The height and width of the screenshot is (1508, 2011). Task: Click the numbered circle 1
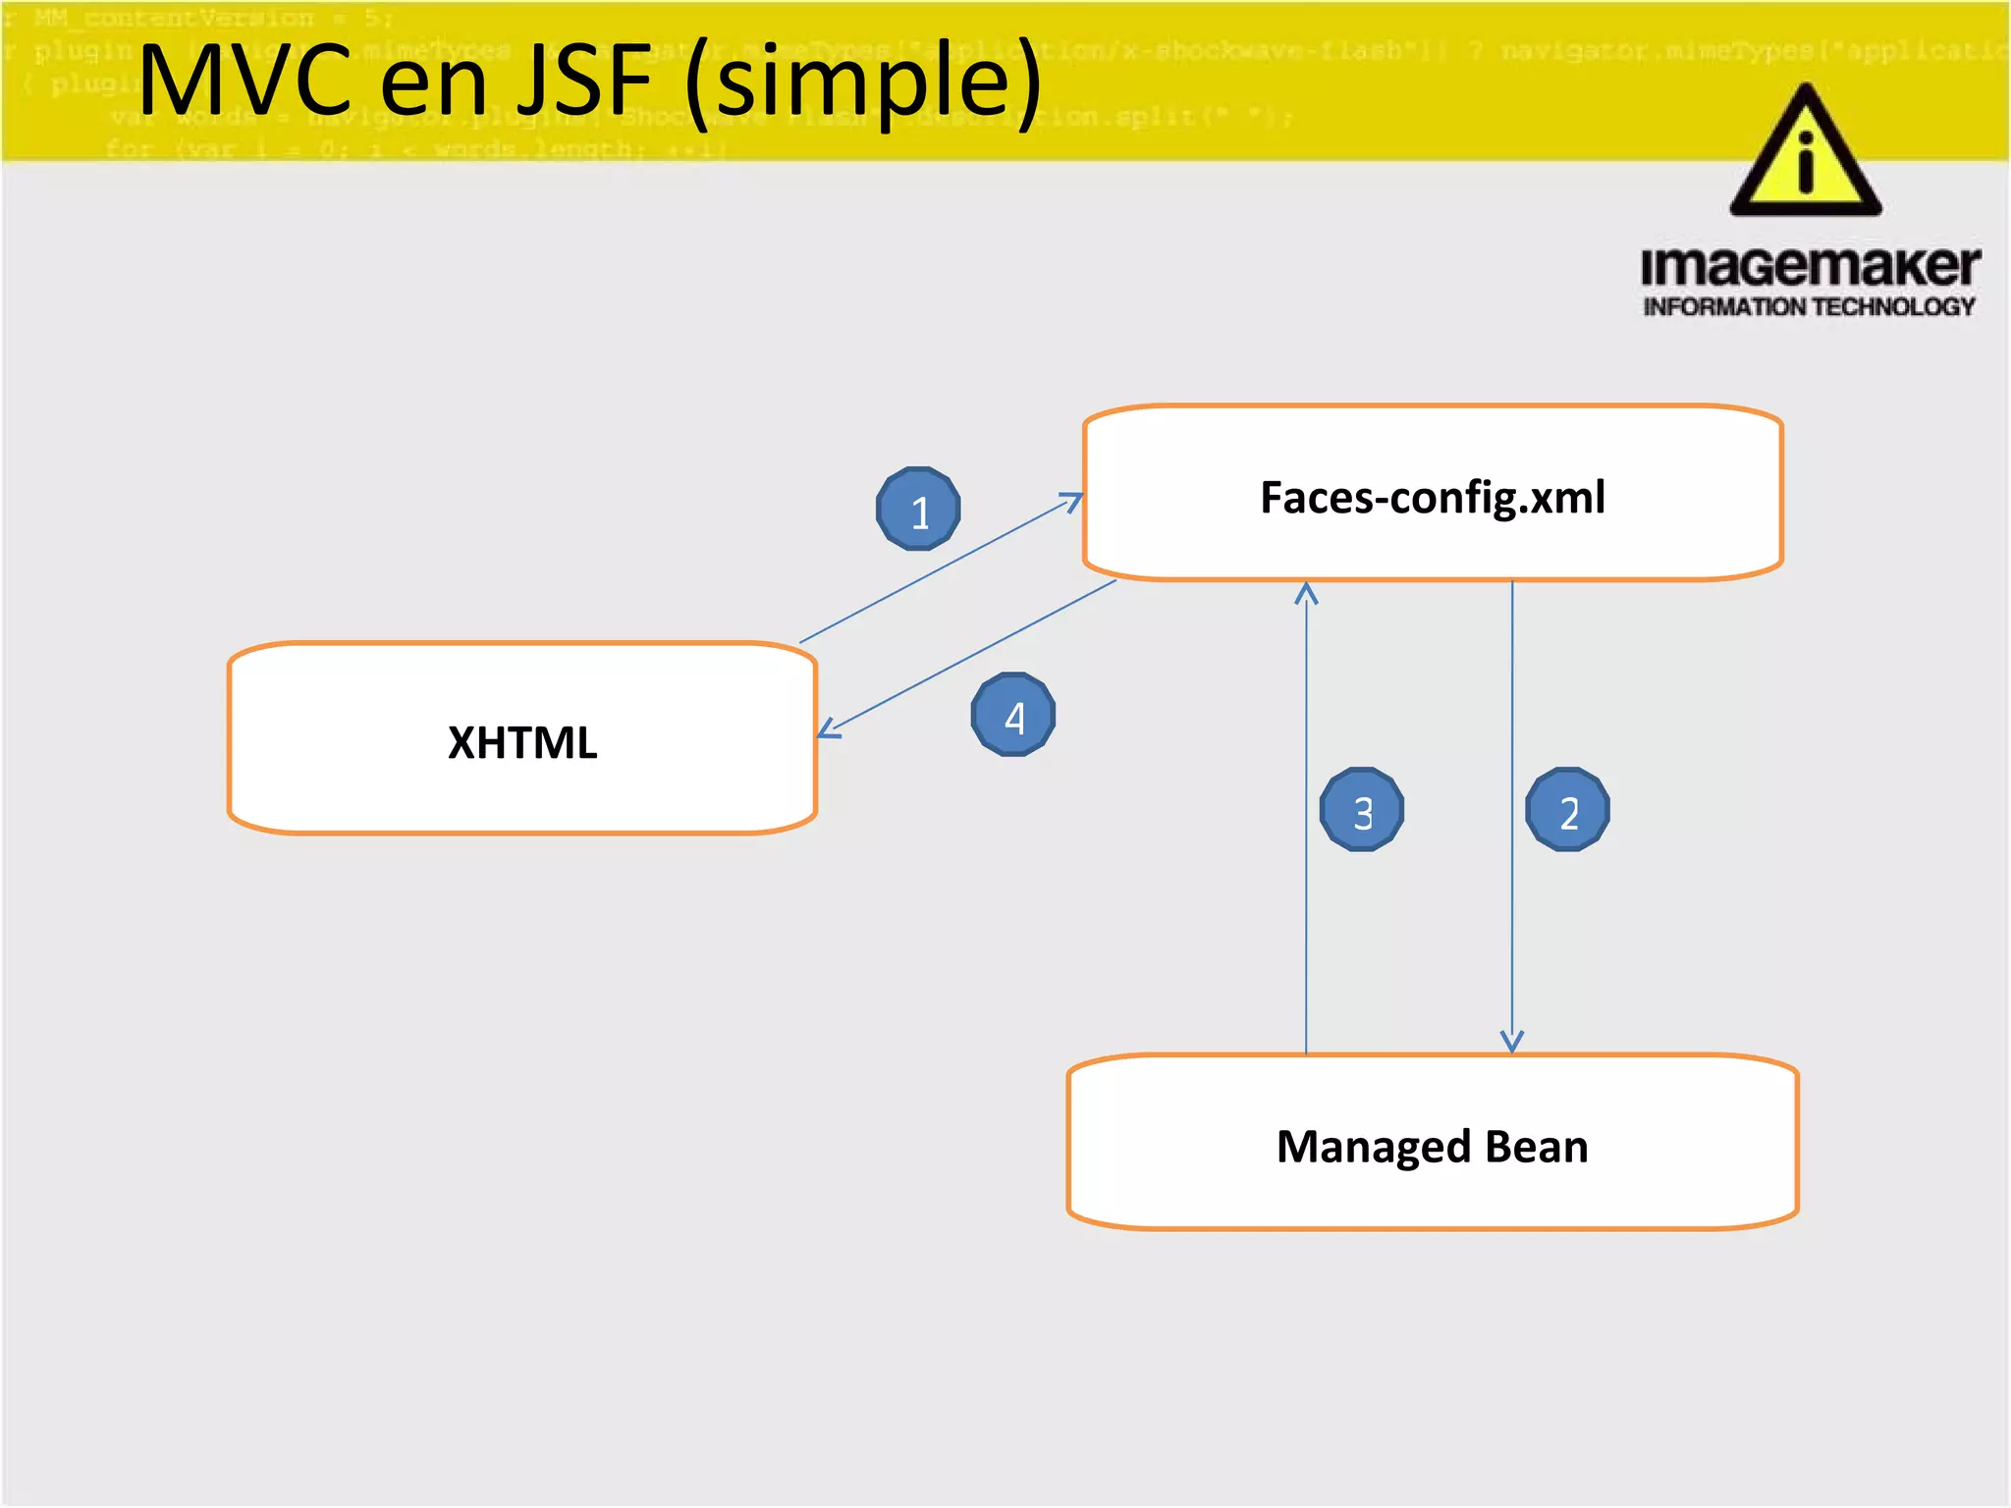(x=918, y=509)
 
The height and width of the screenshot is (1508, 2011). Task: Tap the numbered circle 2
(x=1567, y=810)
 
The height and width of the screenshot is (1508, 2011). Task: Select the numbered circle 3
(x=1362, y=810)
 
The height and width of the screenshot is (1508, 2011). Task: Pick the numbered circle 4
(x=1013, y=715)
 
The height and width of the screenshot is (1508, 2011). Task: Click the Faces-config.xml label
(x=1433, y=497)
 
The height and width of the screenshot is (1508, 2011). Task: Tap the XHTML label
(x=522, y=742)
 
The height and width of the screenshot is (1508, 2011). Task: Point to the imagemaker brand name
(x=1810, y=266)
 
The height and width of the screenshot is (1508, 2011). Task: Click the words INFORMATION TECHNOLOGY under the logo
(x=1809, y=307)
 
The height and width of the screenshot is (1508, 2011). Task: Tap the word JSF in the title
(x=585, y=81)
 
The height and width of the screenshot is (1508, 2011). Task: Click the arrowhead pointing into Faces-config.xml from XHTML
(x=1072, y=502)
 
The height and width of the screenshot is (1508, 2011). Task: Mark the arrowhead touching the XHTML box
(x=827, y=729)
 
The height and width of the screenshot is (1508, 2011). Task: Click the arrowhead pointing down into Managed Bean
(x=1512, y=1043)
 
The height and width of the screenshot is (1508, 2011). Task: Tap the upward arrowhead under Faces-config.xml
(x=1306, y=593)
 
